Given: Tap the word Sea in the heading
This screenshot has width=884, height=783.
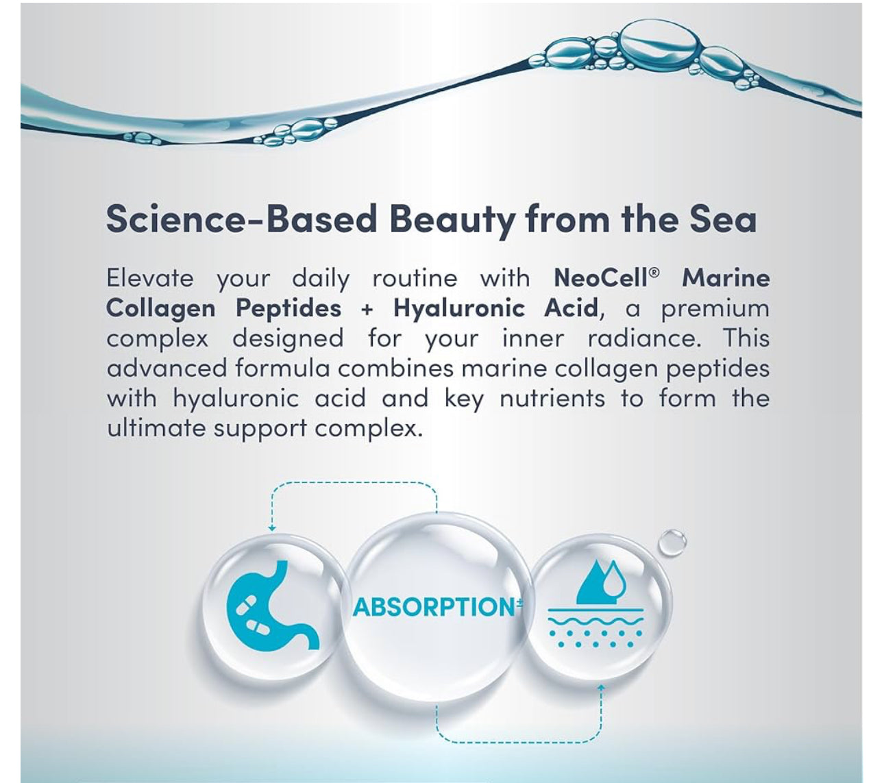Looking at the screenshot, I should pos(728,219).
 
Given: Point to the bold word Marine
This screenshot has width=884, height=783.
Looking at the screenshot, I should pos(726,278).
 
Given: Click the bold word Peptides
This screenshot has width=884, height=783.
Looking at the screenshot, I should pos(288,308).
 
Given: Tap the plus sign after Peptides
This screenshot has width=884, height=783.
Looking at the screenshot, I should pos(367,310).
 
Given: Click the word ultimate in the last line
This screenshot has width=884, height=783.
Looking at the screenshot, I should pos(156,428).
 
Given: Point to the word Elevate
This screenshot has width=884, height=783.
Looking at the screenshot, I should pos(150,278).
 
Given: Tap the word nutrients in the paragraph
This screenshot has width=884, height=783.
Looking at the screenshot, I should pos(552,398).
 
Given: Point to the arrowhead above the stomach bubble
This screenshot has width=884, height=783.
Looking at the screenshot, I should pos(272,528).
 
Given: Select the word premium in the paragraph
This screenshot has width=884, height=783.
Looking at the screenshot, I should pos(715,308).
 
